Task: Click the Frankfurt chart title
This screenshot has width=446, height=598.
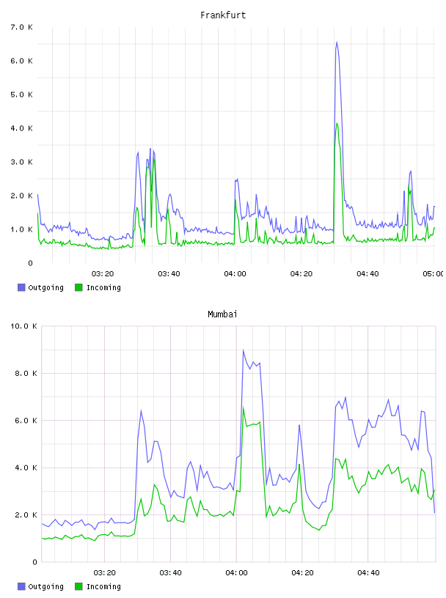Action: [223, 15]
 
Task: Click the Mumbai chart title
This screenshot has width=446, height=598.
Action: [222, 314]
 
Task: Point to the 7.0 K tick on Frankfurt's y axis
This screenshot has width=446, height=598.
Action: [22, 27]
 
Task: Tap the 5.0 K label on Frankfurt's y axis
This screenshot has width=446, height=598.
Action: [22, 95]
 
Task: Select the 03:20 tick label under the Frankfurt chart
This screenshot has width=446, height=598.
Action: [103, 273]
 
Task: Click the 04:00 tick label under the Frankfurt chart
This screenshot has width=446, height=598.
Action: [235, 273]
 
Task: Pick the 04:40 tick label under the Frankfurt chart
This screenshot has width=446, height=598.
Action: [368, 273]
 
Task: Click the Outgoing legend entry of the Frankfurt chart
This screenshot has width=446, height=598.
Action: [41, 287]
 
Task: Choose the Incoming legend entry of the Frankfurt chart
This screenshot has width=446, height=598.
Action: [98, 287]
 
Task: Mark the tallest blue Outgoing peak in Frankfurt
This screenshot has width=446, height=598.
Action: [337, 42]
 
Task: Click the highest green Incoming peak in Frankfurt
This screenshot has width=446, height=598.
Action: [337, 123]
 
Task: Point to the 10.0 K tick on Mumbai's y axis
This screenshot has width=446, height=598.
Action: [23, 326]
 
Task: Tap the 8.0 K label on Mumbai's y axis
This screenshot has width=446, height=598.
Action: [26, 373]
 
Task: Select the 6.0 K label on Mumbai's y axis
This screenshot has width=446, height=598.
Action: [26, 421]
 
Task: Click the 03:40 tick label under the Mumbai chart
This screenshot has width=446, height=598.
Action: [171, 572]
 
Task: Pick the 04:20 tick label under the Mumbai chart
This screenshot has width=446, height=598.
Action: [303, 572]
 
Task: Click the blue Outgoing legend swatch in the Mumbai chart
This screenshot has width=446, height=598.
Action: [21, 586]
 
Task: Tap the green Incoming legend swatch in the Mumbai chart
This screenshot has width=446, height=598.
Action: [78, 586]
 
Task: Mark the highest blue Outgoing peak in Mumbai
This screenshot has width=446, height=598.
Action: [244, 350]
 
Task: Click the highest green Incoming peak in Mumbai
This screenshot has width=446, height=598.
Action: [244, 407]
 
